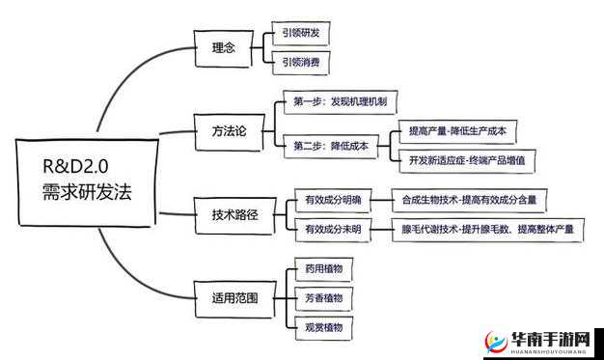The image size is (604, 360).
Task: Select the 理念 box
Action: tap(223, 46)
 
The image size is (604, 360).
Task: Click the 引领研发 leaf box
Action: tap(301, 33)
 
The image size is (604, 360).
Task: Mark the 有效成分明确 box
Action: tap(332, 200)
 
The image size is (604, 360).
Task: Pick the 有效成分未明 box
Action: tap(332, 229)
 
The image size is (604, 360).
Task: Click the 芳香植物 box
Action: tap(323, 298)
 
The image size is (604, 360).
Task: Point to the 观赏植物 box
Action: tap(323, 327)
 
